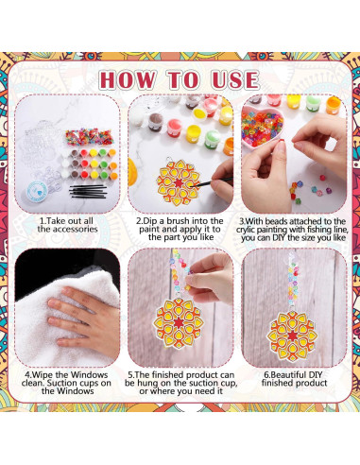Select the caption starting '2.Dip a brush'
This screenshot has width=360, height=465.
click(x=180, y=227)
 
